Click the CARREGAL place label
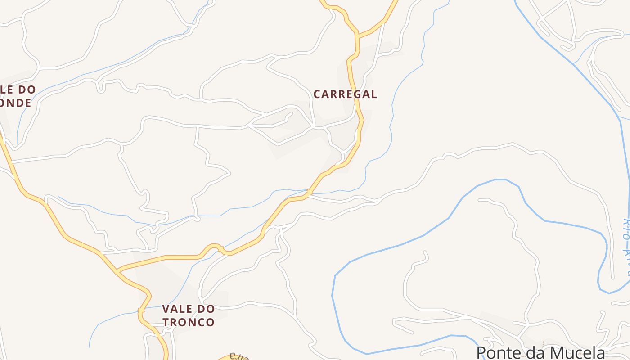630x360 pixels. click(x=345, y=94)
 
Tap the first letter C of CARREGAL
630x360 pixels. click(x=317, y=94)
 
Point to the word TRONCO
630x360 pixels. click(x=189, y=322)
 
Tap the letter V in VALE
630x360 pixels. click(x=166, y=309)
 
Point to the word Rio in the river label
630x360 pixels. click(x=625, y=228)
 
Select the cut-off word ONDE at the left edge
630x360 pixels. click(x=16, y=103)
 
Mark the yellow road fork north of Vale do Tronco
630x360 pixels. click(x=117, y=271)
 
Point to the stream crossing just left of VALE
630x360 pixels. click(x=141, y=310)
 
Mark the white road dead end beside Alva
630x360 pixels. click(x=612, y=278)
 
